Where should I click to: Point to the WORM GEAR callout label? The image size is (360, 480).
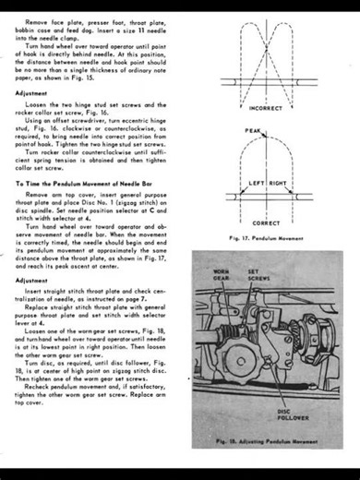pyautogui.click(x=218, y=276)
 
